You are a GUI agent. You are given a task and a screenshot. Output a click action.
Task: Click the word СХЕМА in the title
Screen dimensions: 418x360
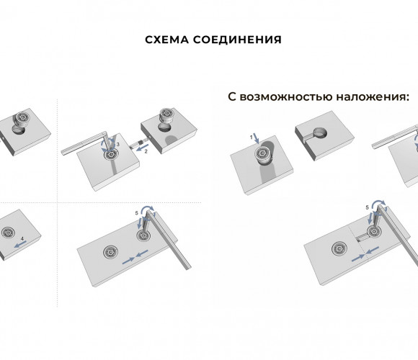166,40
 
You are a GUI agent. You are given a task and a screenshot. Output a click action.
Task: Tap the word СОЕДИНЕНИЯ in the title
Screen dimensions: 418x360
237,40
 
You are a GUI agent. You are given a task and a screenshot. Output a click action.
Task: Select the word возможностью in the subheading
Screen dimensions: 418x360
286,96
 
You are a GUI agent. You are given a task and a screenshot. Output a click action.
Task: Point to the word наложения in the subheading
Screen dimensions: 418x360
373,96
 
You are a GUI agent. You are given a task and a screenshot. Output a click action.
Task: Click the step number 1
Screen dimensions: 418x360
251,137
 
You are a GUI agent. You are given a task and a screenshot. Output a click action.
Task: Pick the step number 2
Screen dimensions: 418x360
146,151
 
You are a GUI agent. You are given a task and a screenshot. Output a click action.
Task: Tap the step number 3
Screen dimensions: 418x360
118,144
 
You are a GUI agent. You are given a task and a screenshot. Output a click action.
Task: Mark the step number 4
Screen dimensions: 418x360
22,238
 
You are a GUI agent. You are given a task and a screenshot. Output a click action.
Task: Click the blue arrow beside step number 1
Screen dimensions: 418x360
256,138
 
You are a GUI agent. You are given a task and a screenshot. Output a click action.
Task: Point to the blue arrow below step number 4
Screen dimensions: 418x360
20,244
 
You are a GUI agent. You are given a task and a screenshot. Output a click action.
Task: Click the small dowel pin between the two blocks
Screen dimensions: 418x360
141,143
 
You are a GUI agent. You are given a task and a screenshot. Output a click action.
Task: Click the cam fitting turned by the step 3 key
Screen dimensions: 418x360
110,154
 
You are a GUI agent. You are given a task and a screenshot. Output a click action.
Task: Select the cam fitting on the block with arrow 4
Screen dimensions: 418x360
8,233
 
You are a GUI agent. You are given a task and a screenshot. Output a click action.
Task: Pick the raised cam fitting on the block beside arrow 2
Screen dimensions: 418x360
167,115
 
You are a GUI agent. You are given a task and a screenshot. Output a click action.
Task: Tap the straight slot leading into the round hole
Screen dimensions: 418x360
307,136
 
